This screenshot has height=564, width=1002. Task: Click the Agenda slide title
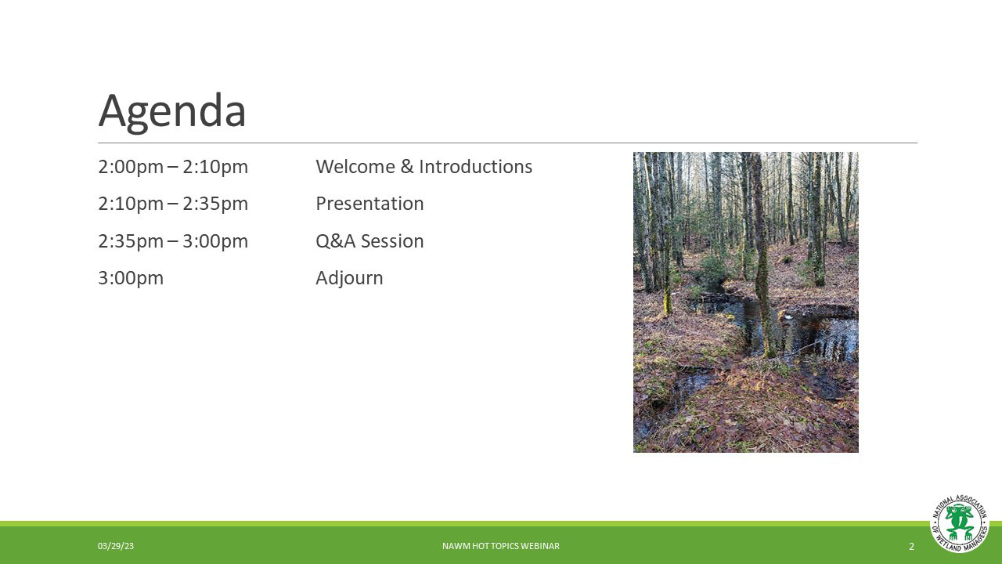(172, 112)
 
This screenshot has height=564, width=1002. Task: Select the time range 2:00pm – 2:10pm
(173, 167)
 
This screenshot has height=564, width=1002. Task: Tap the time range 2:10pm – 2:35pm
(173, 204)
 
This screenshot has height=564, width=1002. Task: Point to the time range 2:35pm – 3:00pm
(173, 241)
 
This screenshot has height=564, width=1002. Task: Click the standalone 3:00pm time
(131, 278)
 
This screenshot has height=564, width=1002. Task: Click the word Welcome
(355, 167)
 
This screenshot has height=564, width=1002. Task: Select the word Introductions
(475, 167)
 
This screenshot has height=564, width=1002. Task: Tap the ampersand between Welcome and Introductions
(406, 167)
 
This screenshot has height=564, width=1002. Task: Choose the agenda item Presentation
(369, 204)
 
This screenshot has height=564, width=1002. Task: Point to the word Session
(392, 241)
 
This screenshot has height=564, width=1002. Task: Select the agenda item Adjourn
(349, 278)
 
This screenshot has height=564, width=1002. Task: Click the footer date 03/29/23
(116, 546)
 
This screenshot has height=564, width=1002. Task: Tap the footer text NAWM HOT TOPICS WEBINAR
(501, 546)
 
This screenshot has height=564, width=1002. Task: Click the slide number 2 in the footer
(912, 547)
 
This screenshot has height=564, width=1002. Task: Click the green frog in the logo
(960, 522)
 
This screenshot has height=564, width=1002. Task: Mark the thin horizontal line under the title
(508, 143)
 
